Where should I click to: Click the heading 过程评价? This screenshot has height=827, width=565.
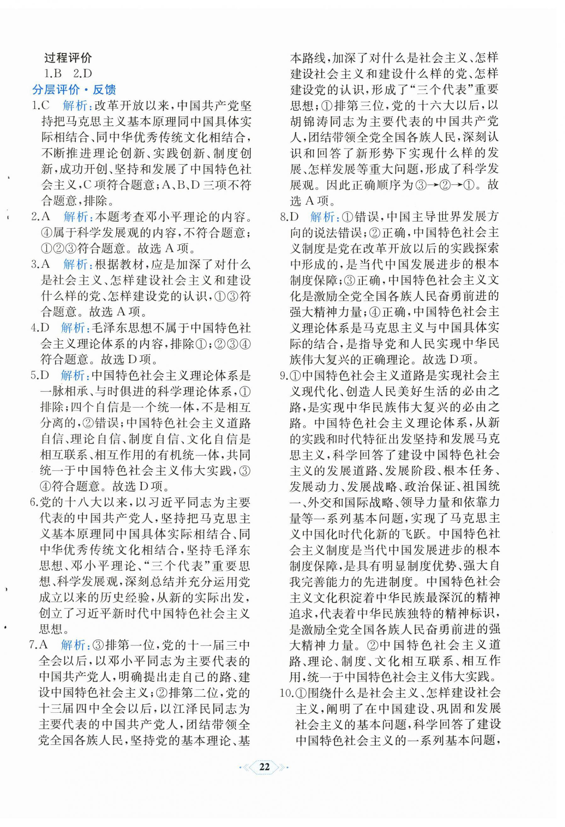pyautogui.click(x=68, y=57)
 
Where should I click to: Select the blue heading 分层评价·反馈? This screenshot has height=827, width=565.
pyautogui.click(x=74, y=90)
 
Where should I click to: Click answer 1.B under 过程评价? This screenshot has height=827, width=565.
pyautogui.click(x=53, y=74)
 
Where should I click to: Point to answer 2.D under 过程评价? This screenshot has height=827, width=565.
pyautogui.click(x=82, y=74)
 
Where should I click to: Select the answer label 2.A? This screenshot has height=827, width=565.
pyautogui.click(x=42, y=217)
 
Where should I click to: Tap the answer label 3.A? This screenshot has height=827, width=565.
pyautogui.click(x=42, y=265)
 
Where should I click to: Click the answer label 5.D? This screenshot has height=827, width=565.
pyautogui.click(x=42, y=375)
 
